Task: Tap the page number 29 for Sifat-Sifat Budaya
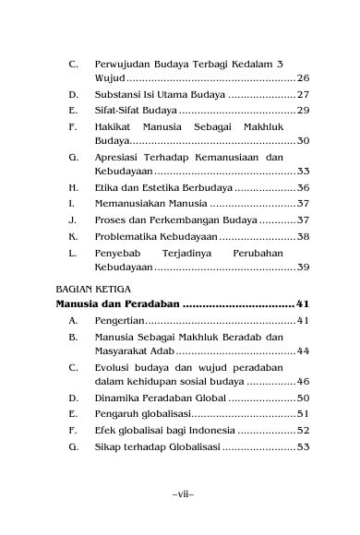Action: tap(303, 111)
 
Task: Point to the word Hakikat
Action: tap(113, 126)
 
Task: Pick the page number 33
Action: tap(303, 172)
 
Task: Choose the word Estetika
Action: tap(151, 188)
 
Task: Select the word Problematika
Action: tap(126, 237)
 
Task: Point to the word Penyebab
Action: tap(116, 252)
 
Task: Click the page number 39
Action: tap(303, 267)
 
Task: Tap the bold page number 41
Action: tap(302, 303)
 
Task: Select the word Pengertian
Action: tap(119, 320)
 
